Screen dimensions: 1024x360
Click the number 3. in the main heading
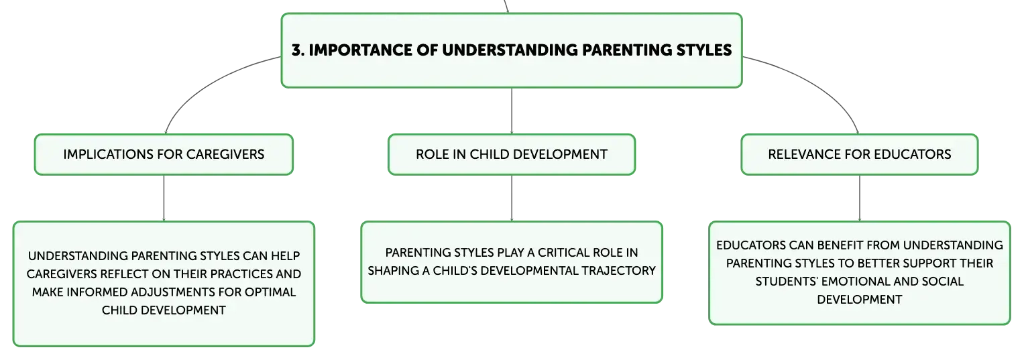click(x=298, y=50)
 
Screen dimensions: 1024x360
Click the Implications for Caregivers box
click(x=164, y=154)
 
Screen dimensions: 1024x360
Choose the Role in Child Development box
click(x=512, y=154)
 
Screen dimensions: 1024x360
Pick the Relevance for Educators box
click(x=860, y=154)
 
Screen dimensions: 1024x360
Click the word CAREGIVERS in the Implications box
click(x=225, y=154)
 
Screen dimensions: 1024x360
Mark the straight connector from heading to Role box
click(x=512, y=111)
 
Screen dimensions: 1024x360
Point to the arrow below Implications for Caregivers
click(x=164, y=198)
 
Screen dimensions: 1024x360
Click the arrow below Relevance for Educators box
click(x=860, y=198)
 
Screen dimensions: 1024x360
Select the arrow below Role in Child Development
click(x=512, y=198)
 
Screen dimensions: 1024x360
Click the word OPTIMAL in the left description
click(x=270, y=292)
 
